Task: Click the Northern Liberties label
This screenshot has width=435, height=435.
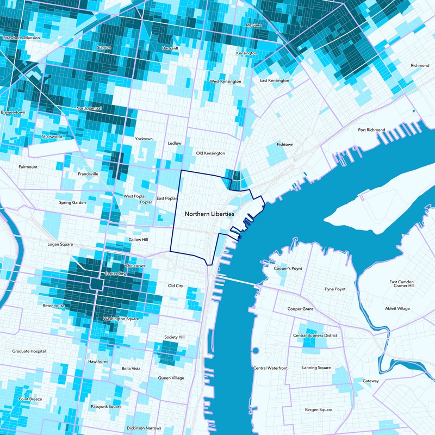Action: click(209, 214)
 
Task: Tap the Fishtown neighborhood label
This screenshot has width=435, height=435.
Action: click(284, 145)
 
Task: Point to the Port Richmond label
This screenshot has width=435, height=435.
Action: click(371, 130)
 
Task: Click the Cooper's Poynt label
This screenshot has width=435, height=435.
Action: click(288, 269)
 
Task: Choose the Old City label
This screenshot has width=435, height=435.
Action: click(176, 285)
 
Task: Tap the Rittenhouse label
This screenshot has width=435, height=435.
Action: click(53, 306)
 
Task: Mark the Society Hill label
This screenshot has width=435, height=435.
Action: click(175, 337)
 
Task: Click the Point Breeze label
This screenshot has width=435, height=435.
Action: click(30, 399)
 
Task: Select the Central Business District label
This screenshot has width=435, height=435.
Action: click(315, 335)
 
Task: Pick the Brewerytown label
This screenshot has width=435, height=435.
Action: click(13, 112)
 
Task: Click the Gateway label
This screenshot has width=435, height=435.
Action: click(371, 381)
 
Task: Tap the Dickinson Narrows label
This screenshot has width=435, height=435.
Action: click(144, 428)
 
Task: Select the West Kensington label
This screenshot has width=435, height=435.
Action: click(225, 82)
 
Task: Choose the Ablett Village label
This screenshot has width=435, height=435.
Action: click(397, 309)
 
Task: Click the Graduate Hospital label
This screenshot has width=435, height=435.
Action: click(29, 351)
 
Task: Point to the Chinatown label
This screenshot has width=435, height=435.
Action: click(135, 265)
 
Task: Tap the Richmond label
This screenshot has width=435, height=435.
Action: click(420, 65)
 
